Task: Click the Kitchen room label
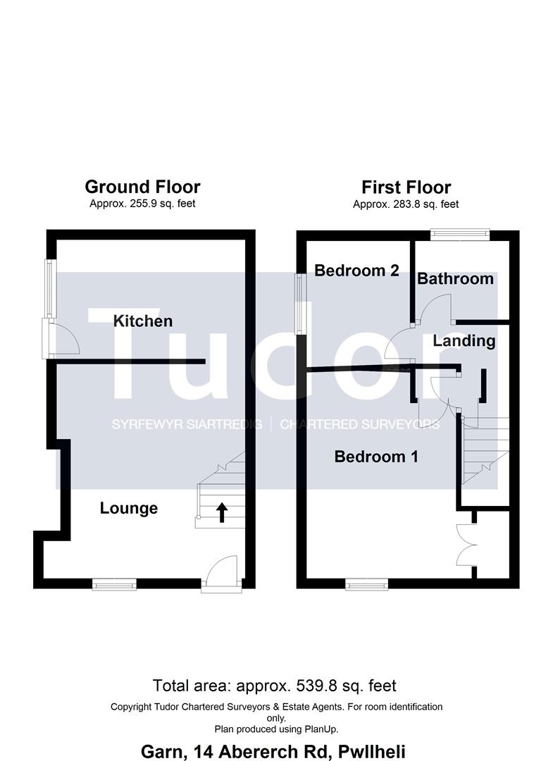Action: click(x=142, y=321)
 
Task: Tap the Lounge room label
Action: click(x=128, y=508)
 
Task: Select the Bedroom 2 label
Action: click(x=356, y=271)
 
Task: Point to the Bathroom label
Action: click(x=455, y=278)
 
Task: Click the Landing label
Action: click(x=464, y=341)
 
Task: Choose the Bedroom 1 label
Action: click(x=376, y=457)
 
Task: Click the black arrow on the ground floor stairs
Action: click(x=222, y=512)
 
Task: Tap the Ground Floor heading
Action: click(x=142, y=187)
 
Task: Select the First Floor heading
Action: click(x=406, y=187)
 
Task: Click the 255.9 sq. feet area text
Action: click(x=142, y=204)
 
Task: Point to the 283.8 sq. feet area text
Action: click(x=406, y=204)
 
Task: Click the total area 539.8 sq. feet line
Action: click(x=275, y=686)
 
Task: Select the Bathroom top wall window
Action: click(x=460, y=235)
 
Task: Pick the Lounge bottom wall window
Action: click(x=115, y=584)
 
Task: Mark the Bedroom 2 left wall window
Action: click(x=302, y=304)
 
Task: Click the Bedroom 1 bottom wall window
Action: click(x=367, y=584)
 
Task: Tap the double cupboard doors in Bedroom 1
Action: click(x=466, y=544)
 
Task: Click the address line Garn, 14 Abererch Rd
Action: click(x=273, y=752)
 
